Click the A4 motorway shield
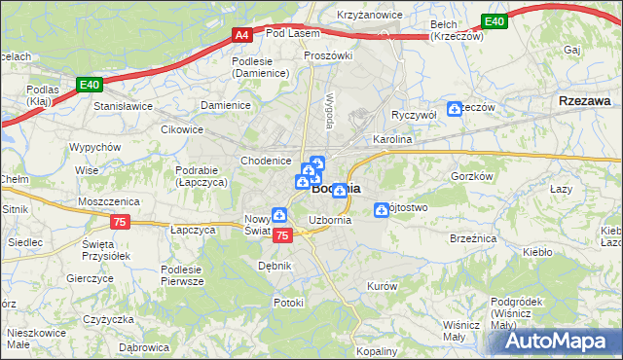click(242, 36)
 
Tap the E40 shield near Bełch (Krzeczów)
click(495, 21)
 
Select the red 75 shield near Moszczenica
click(120, 222)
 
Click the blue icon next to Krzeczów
click(455, 109)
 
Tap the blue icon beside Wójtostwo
click(382, 209)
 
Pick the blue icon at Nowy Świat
click(279, 215)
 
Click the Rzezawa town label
click(585, 100)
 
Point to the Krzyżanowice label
click(371, 16)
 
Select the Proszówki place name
click(327, 55)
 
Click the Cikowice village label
click(182, 128)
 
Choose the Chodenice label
click(266, 161)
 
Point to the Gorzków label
click(474, 176)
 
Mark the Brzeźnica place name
click(473, 237)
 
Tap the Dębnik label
click(275, 265)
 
